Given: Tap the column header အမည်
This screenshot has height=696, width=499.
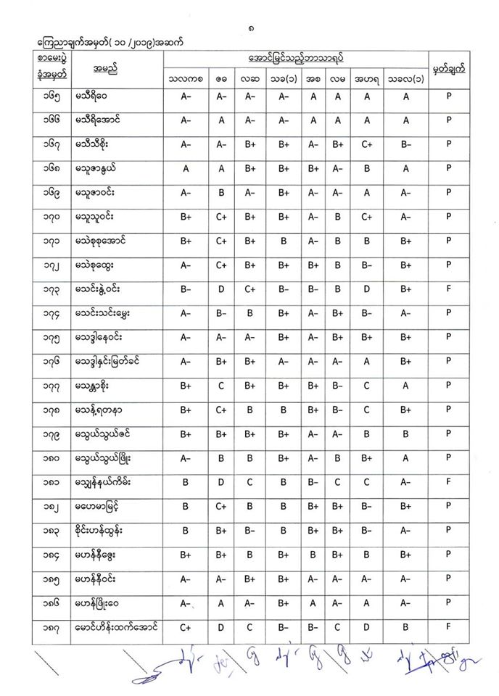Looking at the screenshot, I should coord(105,68).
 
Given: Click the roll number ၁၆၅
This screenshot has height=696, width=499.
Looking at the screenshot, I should coord(54,94).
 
